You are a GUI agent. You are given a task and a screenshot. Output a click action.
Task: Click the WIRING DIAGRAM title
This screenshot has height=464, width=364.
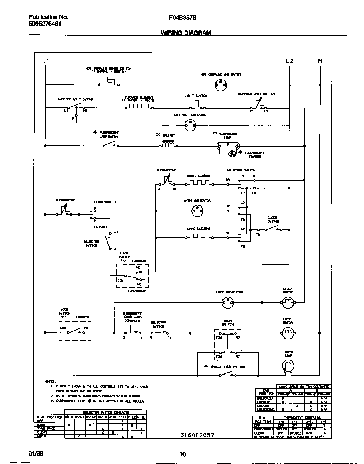(x=186, y=33)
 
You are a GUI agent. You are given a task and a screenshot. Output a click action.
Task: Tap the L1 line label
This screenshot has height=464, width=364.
(x=45, y=61)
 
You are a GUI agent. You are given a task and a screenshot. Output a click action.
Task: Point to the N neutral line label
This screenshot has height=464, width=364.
(x=320, y=61)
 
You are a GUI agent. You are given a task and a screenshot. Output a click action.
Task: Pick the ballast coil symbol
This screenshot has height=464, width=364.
(x=168, y=145)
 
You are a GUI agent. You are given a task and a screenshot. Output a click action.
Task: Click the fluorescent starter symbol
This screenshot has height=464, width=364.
(x=231, y=154)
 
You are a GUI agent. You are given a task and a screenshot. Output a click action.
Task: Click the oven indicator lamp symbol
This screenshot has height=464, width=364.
(x=196, y=211)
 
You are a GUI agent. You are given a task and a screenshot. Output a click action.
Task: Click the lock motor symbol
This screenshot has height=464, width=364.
(x=287, y=333)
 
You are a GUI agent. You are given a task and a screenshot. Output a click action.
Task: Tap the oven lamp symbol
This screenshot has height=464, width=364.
(x=288, y=366)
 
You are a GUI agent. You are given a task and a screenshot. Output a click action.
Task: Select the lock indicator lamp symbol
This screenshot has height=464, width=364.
(x=227, y=301)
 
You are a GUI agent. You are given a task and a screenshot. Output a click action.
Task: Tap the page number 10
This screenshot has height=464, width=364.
(x=182, y=454)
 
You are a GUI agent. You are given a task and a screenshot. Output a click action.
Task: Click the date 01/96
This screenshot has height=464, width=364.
(x=36, y=454)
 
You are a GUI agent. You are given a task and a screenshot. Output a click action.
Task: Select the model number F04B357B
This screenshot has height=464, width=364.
(x=182, y=17)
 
